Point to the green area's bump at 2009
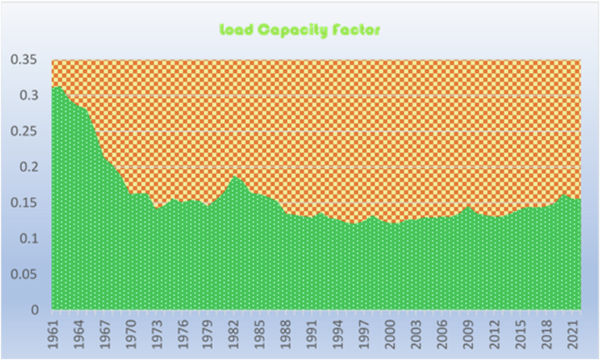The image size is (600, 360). click(x=469, y=207)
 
